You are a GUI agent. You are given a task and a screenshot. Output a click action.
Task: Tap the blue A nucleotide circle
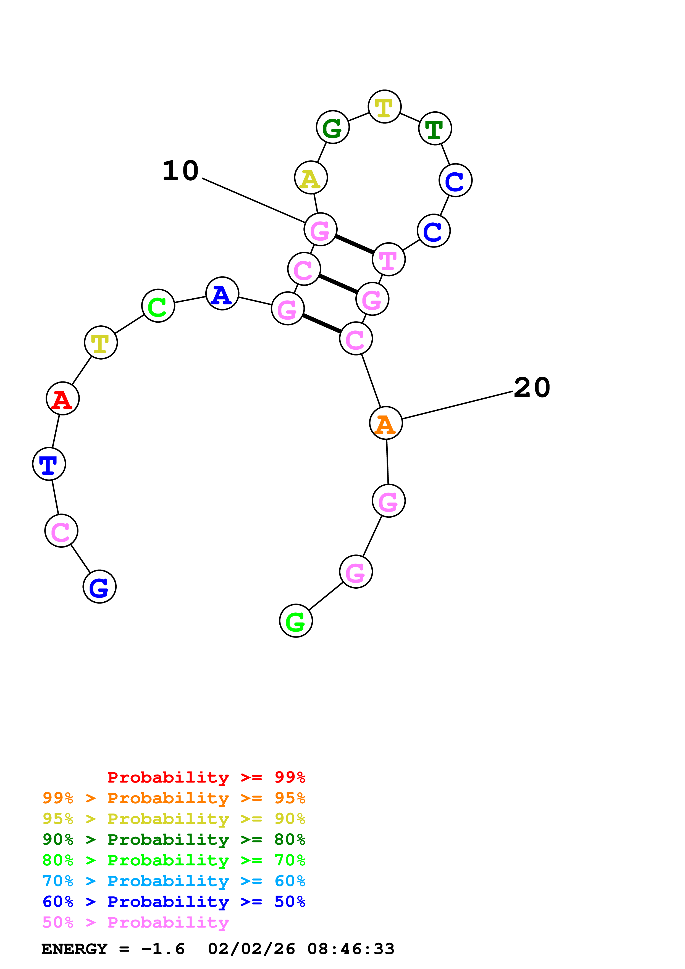coord(222,293)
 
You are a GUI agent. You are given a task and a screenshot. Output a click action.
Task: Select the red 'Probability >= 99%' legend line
coord(206,777)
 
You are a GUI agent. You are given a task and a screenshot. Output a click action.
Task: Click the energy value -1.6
coord(163,949)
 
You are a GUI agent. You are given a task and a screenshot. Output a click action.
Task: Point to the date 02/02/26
coord(251,949)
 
